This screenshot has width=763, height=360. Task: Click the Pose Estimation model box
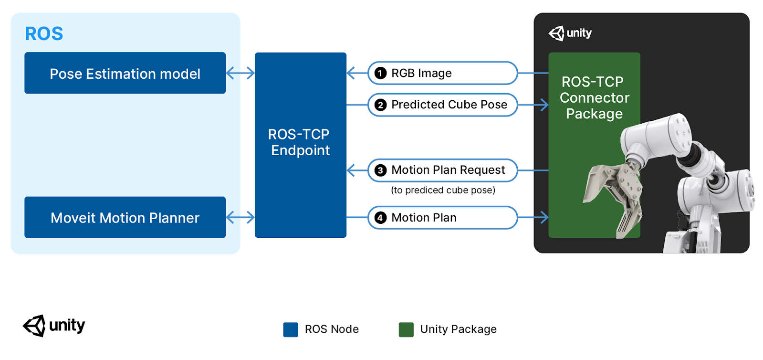point(125,73)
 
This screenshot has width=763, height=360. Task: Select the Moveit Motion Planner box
point(125,218)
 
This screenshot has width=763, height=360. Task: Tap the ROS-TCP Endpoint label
point(300,142)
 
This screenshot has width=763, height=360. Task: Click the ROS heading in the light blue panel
point(44,34)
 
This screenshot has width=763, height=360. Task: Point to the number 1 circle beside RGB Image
point(380,73)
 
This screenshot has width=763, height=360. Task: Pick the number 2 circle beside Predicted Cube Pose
point(380,105)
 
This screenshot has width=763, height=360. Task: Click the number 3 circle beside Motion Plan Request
point(380,170)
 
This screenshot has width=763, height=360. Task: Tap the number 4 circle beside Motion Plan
point(380,218)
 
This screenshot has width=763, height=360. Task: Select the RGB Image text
point(421,73)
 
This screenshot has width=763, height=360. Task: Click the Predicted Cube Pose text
point(449,105)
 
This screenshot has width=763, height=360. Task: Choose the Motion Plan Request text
point(448,170)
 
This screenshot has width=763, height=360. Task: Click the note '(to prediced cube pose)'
point(443,190)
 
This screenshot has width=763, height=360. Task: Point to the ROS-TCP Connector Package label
point(594,98)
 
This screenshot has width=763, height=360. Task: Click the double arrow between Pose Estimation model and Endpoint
point(240,73)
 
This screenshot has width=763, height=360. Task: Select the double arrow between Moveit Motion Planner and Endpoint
point(240,218)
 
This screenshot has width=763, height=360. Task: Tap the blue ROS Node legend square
point(291,329)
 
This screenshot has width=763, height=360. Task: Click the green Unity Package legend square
point(406,329)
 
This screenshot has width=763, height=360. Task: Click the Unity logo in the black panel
point(570,33)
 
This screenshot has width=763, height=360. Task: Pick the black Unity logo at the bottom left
point(54,326)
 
